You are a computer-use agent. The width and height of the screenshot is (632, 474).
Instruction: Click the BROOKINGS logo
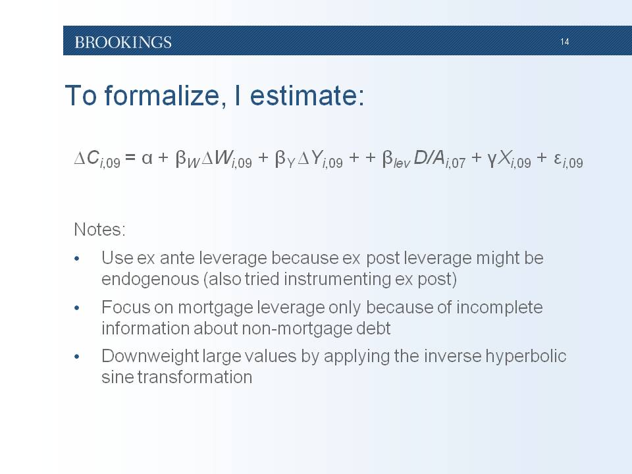point(123,42)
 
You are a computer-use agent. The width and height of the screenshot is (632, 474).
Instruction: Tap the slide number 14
point(564,41)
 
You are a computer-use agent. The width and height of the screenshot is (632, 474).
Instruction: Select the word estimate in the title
point(307,95)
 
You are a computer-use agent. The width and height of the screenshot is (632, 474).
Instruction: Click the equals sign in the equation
point(130,157)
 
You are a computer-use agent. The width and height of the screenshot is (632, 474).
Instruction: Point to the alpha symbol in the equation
point(147,158)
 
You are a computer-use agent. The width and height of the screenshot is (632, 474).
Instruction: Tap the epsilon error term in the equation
point(568,159)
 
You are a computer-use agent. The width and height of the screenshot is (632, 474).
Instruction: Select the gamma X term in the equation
point(509,159)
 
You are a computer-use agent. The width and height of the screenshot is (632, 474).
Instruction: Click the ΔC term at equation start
point(97,159)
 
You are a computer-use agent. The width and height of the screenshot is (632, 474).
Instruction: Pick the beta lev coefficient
point(396,159)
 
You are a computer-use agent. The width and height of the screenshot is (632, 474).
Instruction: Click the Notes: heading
point(100,229)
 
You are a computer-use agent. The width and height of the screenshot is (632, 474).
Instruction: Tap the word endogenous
point(150,279)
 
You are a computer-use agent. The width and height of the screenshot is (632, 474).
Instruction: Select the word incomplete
point(500,307)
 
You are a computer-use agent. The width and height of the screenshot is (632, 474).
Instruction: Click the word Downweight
point(150,356)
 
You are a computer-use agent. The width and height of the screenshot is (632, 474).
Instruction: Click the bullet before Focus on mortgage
point(77,308)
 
